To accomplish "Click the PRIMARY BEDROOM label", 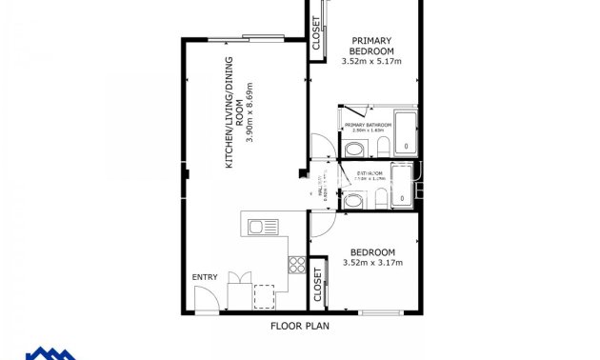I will point(370,46).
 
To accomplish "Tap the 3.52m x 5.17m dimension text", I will point(370,62).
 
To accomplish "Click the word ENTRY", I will point(205,277).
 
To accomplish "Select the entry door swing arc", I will point(208,300).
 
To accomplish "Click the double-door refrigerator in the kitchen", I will point(239,290).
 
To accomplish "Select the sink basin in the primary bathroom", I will point(352,149).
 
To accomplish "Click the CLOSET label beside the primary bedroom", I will point(316,34).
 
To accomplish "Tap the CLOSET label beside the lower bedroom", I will point(318,284).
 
